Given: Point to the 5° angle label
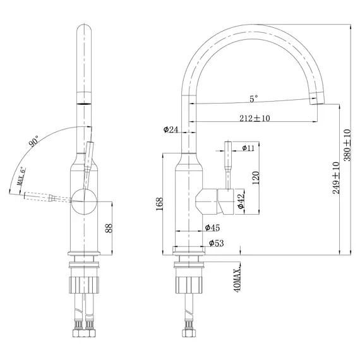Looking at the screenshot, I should click(253, 99).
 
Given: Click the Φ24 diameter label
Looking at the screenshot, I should click(171, 129).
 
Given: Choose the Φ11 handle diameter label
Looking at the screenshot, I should click(248, 148).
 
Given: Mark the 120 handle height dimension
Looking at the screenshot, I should click(256, 177).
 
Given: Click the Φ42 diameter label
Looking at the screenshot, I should click(241, 201).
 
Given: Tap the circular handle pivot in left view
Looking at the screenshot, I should click(83, 200).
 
